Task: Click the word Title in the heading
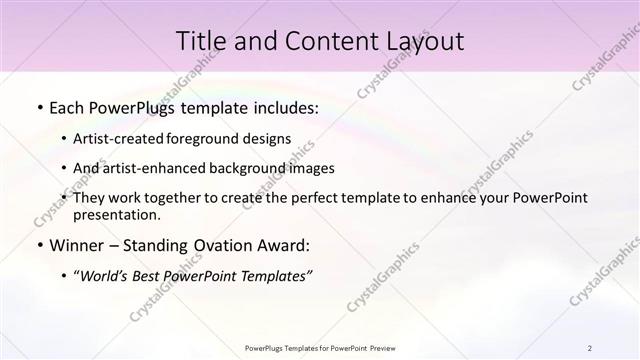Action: point(201,41)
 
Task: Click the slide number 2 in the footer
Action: point(590,347)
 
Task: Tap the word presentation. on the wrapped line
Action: point(117,214)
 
